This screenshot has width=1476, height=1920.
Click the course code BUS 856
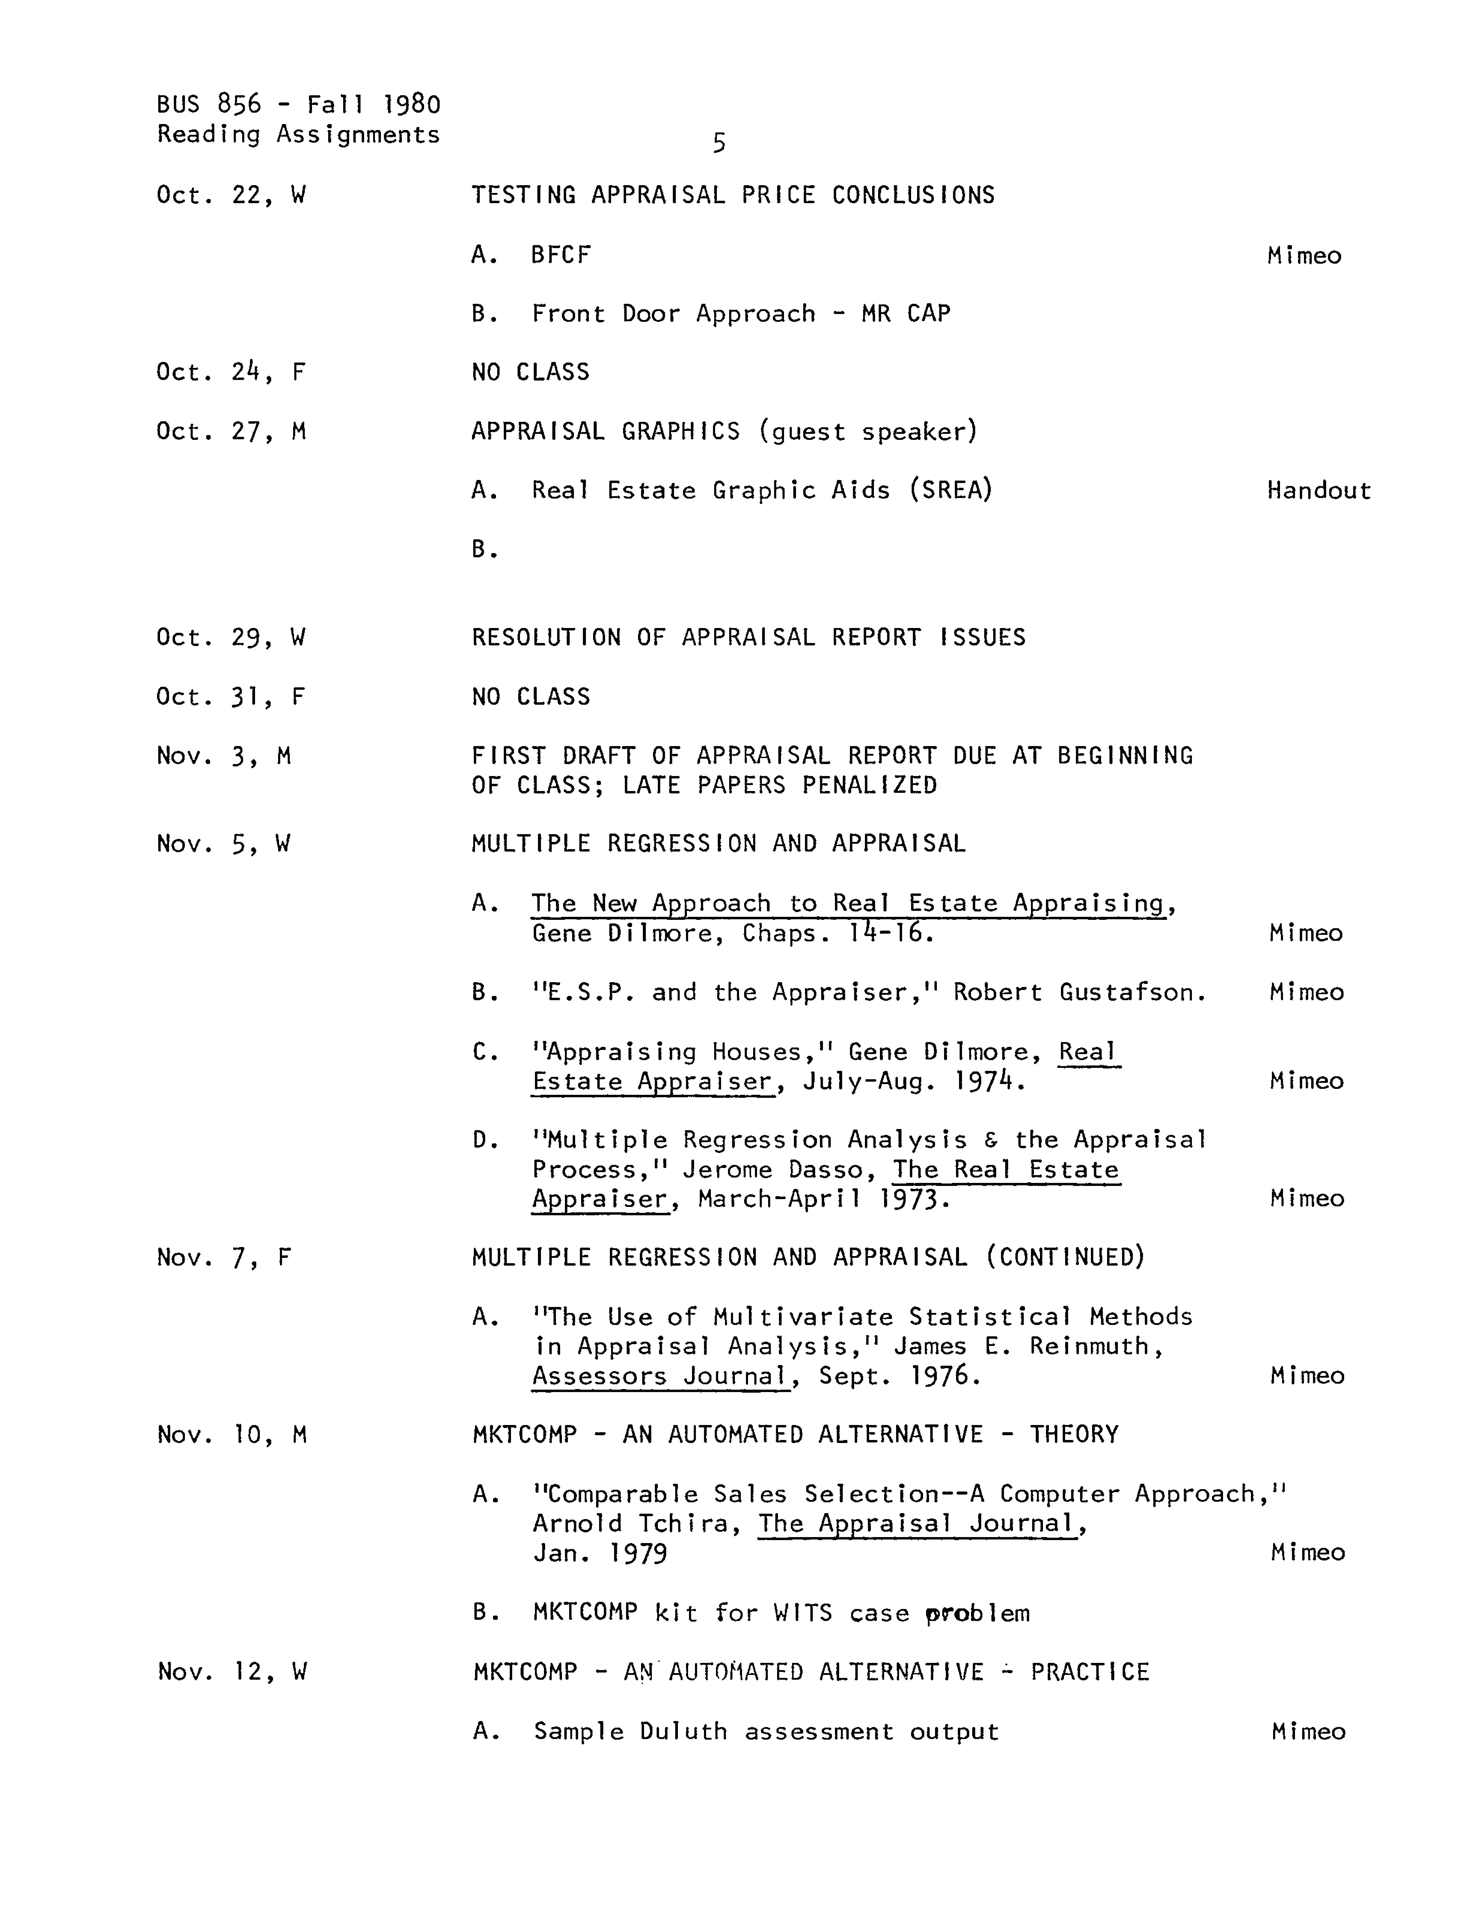click(209, 105)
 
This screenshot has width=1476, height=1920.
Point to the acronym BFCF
click(560, 255)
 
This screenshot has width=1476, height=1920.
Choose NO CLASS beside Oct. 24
click(530, 372)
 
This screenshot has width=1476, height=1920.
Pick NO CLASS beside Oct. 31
click(530, 697)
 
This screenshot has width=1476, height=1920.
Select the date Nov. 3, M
click(223, 756)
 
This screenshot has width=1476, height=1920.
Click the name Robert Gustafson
click(1079, 992)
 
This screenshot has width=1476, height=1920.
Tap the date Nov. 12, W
click(232, 1671)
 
